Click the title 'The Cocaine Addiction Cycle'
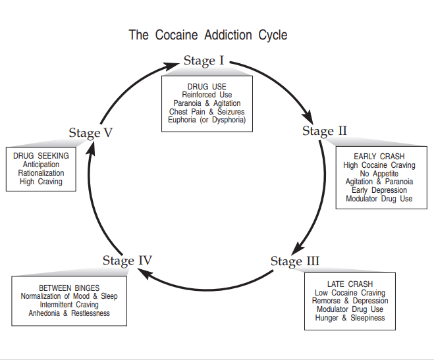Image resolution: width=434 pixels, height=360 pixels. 208,35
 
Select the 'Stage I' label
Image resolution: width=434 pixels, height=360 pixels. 203,61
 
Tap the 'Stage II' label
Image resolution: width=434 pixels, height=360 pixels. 324,130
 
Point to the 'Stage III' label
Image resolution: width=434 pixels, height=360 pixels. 294,261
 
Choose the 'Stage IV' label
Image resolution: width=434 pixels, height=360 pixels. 127,260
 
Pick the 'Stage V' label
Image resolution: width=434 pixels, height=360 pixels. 90,133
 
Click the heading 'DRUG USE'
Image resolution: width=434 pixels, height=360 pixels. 207,86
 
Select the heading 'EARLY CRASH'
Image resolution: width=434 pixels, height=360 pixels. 379,156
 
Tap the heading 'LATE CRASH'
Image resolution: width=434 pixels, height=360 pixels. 350,284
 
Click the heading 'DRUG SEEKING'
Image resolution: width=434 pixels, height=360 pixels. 41,156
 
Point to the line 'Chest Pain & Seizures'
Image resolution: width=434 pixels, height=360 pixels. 207,112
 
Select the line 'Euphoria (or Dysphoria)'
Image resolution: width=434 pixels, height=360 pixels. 207,120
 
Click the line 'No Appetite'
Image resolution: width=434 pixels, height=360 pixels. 379,173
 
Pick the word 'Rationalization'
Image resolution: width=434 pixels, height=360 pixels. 41,173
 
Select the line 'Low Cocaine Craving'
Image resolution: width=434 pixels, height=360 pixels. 350,293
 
